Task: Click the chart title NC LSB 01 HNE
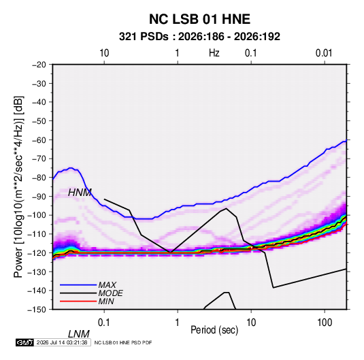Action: point(199,19)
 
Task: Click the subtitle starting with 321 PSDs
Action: point(199,37)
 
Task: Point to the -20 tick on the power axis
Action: point(39,65)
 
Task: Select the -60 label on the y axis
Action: point(39,140)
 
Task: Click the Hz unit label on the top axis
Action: point(214,53)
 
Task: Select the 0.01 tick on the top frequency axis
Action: point(324,53)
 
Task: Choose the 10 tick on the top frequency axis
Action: point(104,53)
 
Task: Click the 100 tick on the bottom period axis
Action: point(325,323)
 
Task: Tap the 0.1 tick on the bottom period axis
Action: point(104,323)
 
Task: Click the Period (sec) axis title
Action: point(214,330)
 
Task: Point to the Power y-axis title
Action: point(18,186)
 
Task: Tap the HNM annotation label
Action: point(80,193)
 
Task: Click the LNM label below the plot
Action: point(78,334)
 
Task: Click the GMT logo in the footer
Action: point(24,342)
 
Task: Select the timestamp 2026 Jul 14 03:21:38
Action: point(62,342)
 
